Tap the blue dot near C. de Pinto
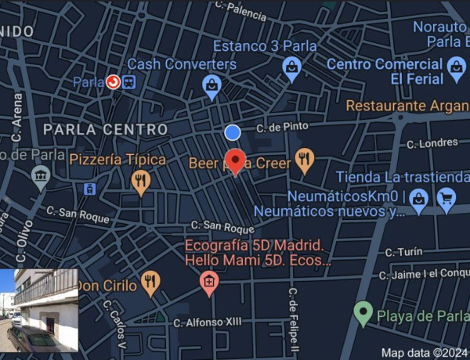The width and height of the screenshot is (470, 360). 233,132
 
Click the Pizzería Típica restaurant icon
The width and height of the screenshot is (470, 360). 140,182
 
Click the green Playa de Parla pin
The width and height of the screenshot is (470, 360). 362,314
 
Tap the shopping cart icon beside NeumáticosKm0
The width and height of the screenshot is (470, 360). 446,200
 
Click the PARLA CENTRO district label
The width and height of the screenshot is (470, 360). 105,129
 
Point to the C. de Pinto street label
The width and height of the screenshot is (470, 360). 283,127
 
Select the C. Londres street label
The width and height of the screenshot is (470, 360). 432,143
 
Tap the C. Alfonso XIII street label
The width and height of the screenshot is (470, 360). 208,321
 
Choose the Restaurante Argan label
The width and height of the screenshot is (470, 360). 407,105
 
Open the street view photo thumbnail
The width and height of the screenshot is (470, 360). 38,310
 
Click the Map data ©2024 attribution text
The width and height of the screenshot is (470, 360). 424,352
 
